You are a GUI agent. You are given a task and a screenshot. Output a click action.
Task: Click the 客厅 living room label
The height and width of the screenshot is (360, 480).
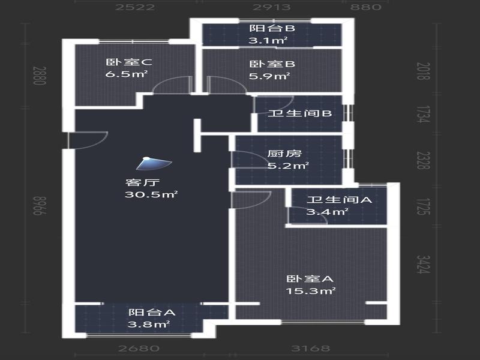(142, 182)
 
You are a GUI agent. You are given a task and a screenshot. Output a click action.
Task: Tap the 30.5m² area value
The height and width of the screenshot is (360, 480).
(151, 194)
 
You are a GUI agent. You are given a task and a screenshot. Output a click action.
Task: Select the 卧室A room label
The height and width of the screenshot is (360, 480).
(310, 279)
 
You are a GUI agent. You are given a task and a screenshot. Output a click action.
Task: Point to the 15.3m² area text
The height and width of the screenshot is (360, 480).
(311, 291)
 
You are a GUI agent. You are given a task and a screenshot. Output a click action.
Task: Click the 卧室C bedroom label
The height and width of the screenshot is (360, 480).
(129, 62)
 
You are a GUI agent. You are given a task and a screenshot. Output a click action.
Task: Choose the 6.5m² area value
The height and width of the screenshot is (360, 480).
(127, 74)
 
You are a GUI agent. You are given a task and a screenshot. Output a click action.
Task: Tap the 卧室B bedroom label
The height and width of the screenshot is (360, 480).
(272, 64)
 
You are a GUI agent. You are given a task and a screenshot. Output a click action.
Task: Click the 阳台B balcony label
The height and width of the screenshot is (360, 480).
(272, 28)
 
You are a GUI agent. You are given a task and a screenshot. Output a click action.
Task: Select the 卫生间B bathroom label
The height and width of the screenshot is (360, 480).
(299, 113)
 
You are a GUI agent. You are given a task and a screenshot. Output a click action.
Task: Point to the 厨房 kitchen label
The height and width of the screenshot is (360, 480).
(284, 154)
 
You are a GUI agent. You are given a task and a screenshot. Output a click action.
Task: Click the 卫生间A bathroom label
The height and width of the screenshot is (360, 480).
(339, 200)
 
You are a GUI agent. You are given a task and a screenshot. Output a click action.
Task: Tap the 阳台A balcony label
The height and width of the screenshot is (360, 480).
(152, 312)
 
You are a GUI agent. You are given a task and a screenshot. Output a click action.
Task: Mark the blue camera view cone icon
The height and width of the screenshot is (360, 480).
(154, 163)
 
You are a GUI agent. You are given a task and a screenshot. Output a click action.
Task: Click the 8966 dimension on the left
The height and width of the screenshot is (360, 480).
(40, 206)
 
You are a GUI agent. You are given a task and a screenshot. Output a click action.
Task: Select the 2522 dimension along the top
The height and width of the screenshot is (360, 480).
(135, 7)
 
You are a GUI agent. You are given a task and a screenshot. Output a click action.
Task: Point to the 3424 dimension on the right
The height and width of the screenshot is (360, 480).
(424, 264)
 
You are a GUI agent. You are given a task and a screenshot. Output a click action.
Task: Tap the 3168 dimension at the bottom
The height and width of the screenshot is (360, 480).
(310, 349)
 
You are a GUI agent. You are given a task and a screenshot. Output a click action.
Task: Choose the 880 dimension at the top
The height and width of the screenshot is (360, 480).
(366, 7)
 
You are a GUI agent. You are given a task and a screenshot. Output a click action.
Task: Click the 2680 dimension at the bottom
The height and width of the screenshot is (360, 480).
(139, 349)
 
